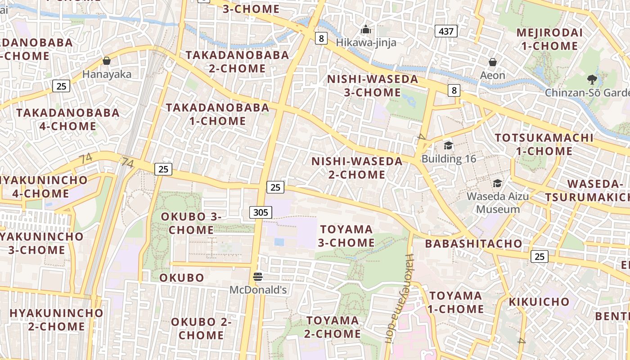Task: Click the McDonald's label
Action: pos(258,290)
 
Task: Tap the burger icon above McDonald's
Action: pos(258,277)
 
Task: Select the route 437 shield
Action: pos(446,31)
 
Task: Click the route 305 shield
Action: pos(261,212)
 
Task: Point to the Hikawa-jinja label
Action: pos(366,43)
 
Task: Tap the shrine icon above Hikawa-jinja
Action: pos(366,30)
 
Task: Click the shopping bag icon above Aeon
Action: pos(493,62)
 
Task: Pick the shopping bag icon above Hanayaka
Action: pos(107,61)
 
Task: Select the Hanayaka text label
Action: pos(107,74)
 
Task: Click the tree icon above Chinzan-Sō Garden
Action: pos(592,80)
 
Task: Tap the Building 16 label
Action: pos(448,158)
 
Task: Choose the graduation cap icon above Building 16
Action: pos(448,145)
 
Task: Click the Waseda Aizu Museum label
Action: pos(498,202)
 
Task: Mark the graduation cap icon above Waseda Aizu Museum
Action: pos(497,183)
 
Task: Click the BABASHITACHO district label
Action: pos(474,244)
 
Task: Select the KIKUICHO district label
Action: pos(539,301)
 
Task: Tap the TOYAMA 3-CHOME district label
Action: pos(346,236)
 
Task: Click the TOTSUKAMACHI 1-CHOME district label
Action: pos(544,144)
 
